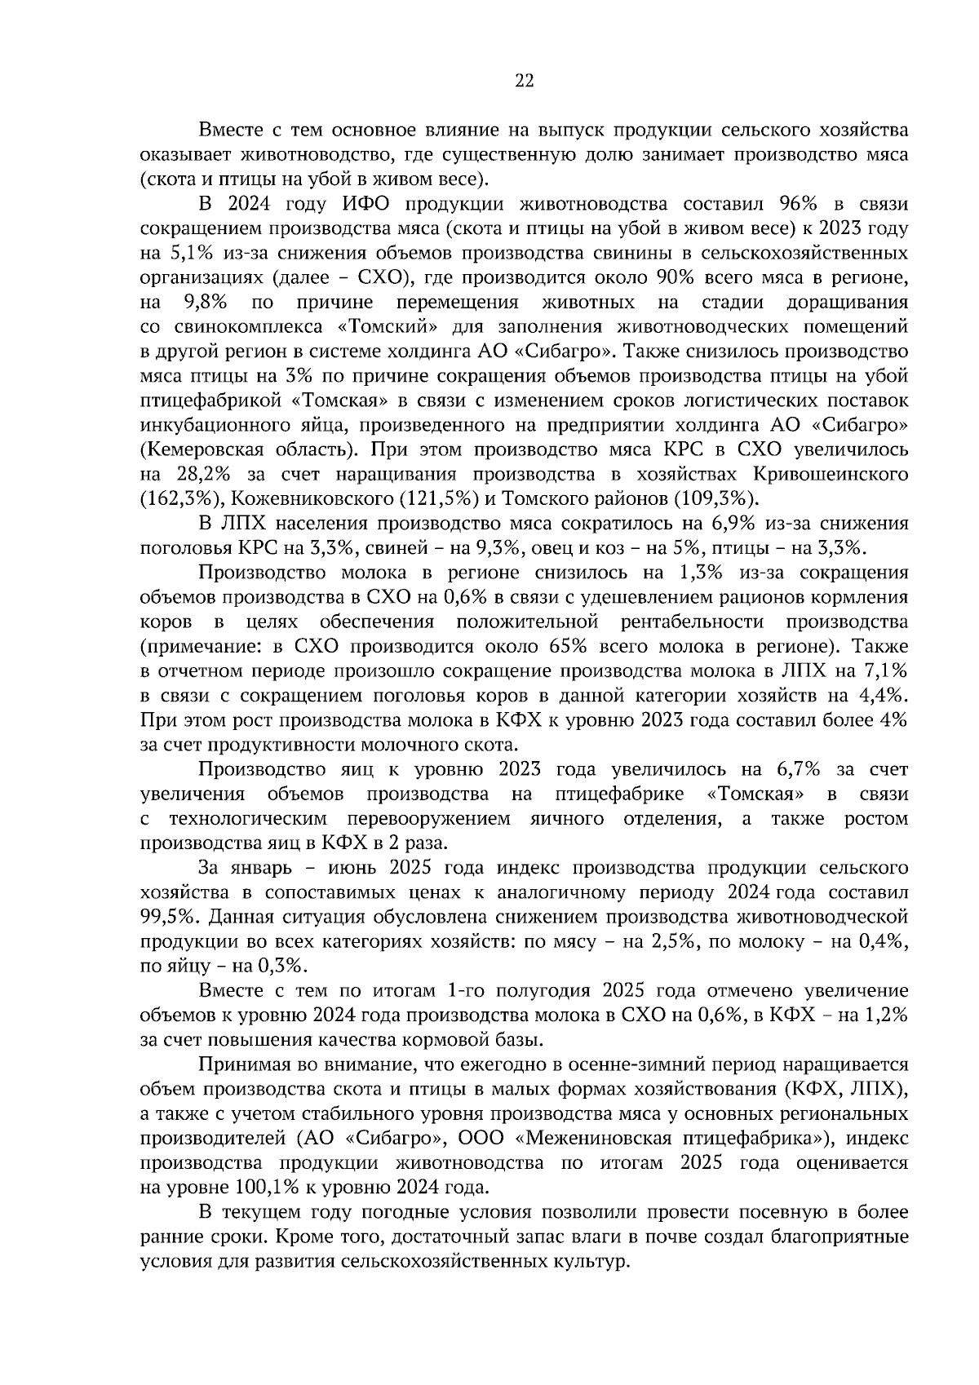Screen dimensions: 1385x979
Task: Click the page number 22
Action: pyautogui.click(x=524, y=80)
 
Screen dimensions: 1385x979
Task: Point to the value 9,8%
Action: pyautogui.click(x=205, y=302)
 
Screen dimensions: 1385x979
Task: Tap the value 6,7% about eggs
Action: pyautogui.click(x=788, y=769)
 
